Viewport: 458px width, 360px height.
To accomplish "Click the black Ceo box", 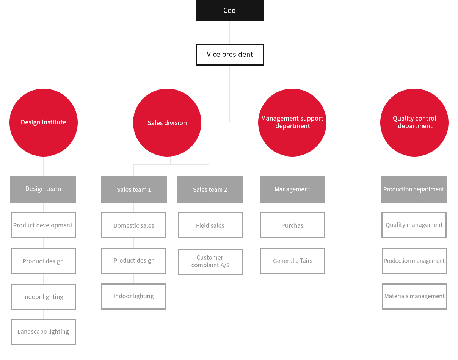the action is tap(230, 10).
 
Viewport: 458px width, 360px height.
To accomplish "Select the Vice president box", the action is tap(230, 55).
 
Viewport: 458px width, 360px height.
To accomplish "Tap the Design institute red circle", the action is tap(44, 122).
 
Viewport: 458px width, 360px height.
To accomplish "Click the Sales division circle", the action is tap(167, 122).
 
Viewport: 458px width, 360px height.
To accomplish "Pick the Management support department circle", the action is tap(292, 122).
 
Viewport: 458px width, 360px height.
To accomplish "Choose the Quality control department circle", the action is tap(414, 122).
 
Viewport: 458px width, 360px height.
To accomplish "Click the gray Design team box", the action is tap(43, 189).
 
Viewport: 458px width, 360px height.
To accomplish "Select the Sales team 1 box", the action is tap(134, 189).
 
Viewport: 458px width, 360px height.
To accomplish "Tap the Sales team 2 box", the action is tap(210, 189).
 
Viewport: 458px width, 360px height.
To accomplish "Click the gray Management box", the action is tap(292, 189).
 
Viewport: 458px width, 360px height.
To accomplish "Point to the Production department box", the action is tap(414, 189).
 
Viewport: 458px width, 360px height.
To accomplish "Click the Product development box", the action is tap(43, 225).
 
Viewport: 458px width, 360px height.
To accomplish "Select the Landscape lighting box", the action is tap(43, 332).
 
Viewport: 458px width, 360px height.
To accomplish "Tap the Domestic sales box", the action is tap(134, 225).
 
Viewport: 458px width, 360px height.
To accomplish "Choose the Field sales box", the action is tap(210, 225).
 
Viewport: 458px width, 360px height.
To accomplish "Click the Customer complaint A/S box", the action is tap(210, 261).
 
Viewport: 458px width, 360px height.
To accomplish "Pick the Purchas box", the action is tap(293, 225).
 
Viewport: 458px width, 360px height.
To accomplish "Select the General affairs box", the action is tap(293, 261).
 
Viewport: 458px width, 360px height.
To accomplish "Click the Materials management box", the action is tap(414, 296).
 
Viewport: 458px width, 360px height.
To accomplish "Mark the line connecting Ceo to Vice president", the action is tap(229, 32).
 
